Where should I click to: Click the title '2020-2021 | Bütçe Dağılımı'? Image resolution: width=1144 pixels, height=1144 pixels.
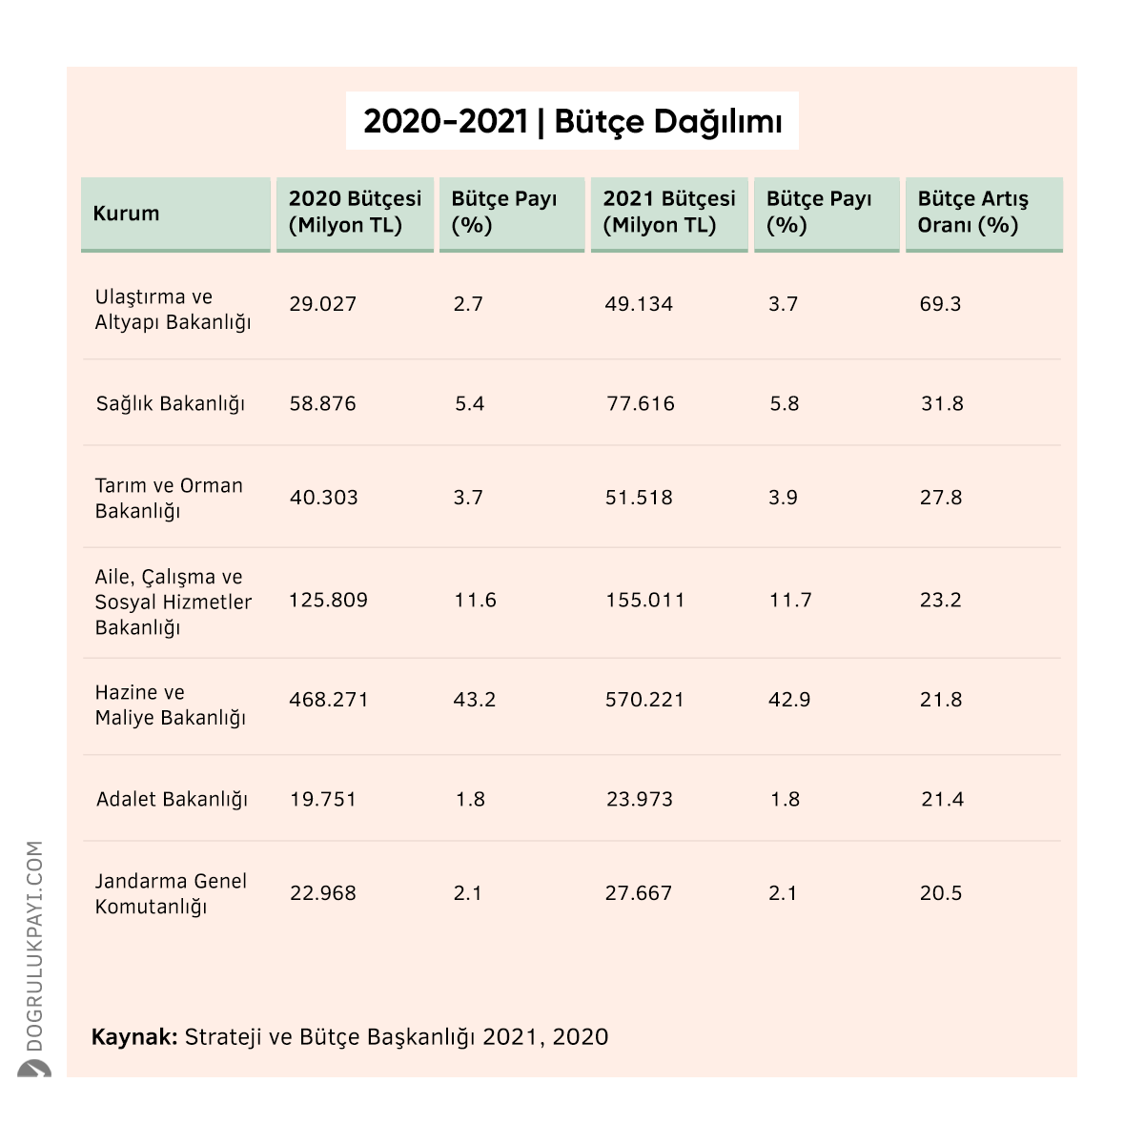coord(572,122)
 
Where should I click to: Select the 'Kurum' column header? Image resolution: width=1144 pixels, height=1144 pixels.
coord(126,214)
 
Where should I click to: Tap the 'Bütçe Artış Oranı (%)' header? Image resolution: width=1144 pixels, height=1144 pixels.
coord(972,212)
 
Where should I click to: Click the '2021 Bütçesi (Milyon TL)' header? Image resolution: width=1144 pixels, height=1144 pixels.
coord(669,212)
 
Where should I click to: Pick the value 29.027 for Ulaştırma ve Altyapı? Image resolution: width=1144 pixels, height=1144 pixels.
coord(323,304)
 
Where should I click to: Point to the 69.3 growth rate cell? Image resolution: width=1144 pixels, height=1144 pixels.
coord(940,304)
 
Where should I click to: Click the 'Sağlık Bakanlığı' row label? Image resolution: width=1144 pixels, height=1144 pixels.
coord(171,404)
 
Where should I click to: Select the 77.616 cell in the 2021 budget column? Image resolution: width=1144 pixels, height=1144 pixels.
coord(641,403)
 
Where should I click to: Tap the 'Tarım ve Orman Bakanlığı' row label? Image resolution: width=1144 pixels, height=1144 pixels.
coord(169,498)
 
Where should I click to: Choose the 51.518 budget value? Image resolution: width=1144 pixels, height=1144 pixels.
coord(639,498)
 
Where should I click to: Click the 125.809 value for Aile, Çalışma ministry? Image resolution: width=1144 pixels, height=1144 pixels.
coord(328,601)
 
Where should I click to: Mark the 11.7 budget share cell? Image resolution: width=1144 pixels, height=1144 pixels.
coord(790,601)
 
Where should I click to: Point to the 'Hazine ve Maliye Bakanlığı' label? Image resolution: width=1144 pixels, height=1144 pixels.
coord(171,705)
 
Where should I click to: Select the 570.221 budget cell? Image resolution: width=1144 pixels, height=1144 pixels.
coord(644,700)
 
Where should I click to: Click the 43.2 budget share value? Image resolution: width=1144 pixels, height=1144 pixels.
coord(475,700)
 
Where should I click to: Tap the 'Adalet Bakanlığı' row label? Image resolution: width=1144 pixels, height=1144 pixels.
coord(172,800)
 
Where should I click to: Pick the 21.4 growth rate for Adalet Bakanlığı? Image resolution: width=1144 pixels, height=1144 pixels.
coord(942,800)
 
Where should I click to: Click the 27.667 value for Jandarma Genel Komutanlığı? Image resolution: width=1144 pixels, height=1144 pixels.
coord(638,893)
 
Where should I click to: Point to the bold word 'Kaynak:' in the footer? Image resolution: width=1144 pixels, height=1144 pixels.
coord(134,1037)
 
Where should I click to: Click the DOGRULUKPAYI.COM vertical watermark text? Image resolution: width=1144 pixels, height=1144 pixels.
coord(34,946)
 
